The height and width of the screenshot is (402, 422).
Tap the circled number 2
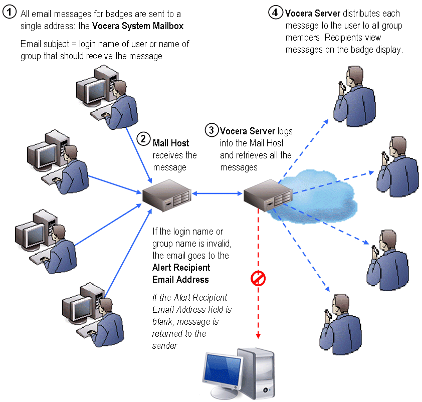143,139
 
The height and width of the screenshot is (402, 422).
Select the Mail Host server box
166,194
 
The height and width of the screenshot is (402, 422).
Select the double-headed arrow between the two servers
217,192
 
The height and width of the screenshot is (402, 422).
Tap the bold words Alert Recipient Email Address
180,273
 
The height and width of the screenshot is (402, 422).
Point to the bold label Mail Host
171,143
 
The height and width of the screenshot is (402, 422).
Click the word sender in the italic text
164,345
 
